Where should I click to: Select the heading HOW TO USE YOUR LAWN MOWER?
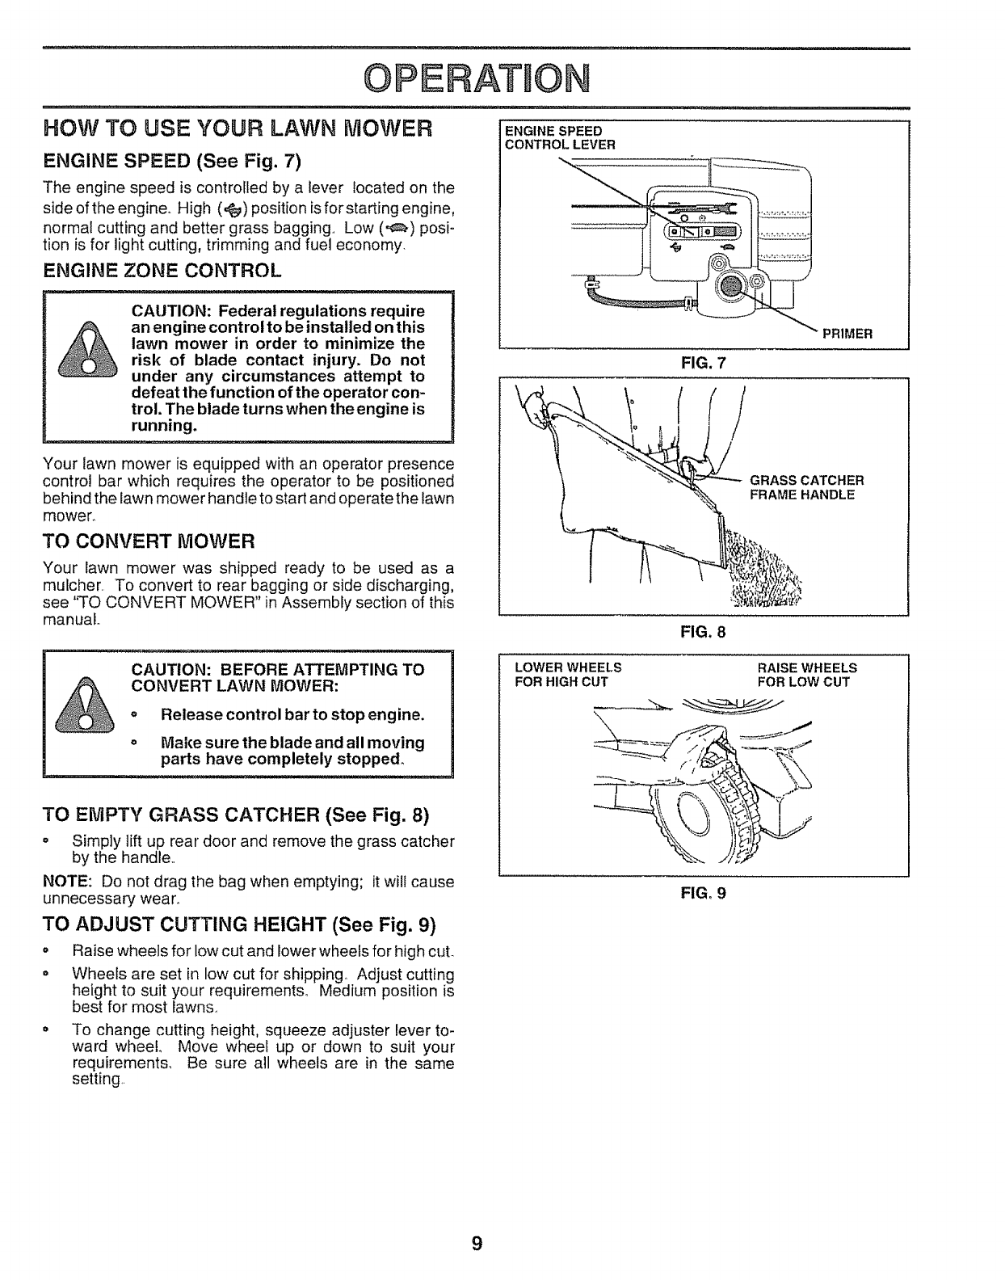click(238, 128)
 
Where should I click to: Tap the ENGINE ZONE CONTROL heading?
click(162, 270)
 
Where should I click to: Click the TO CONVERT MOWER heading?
click(149, 539)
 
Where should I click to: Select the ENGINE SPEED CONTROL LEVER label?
click(560, 138)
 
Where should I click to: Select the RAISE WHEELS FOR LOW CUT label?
click(806, 675)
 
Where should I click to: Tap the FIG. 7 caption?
click(704, 363)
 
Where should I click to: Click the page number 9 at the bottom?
click(477, 1243)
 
